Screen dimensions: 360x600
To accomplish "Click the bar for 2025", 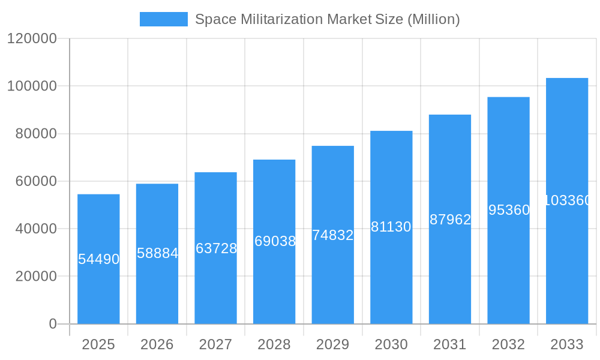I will (x=98, y=288).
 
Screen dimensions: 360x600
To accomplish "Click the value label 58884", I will (x=157, y=253).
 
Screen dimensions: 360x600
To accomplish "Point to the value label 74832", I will (x=333, y=235).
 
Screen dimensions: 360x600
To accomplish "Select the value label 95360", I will (x=509, y=210).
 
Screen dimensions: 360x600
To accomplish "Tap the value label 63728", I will (x=216, y=248).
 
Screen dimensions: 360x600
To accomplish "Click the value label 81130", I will (x=391, y=227).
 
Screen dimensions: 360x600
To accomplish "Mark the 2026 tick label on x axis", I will (x=157, y=344).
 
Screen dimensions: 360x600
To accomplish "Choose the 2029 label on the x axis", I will (x=333, y=344).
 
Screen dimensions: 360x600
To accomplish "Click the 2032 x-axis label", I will (x=508, y=344).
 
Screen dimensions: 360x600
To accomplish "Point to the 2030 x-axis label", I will (x=391, y=344).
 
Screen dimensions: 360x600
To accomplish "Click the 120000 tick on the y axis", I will (x=32, y=38).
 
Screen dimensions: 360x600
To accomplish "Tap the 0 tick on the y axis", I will (x=53, y=324).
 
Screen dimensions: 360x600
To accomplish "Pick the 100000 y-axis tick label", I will (x=32, y=86).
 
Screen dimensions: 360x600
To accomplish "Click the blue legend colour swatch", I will (x=164, y=19).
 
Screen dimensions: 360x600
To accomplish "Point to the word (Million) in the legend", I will (x=434, y=19).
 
